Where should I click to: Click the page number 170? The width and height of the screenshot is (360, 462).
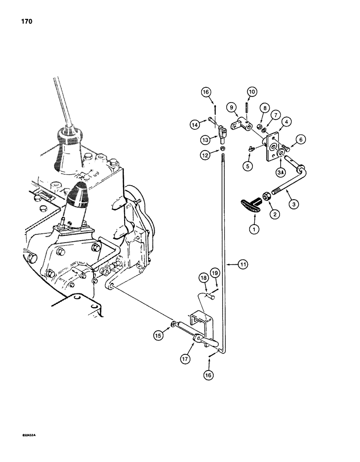pos(26,21)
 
